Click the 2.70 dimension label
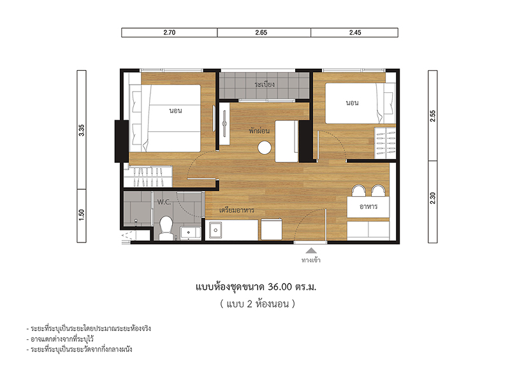[x=169, y=32]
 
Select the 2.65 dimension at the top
[x=261, y=32]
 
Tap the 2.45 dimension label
[x=355, y=32]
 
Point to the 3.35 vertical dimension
[x=82, y=130]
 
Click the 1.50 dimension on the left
[x=82, y=215]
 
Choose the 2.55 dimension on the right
[x=433, y=116]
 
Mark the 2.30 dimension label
[x=433, y=198]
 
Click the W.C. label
[x=164, y=202]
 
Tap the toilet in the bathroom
[x=166, y=228]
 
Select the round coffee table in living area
[x=265, y=148]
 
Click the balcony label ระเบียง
[x=265, y=84]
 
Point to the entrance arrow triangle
[x=311, y=250]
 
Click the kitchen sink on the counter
[x=215, y=230]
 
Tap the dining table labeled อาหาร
[x=368, y=207]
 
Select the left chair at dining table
[x=359, y=190]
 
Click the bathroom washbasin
[x=191, y=233]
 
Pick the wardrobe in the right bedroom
[x=385, y=143]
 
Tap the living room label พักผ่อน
[x=259, y=131]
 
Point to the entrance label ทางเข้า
[x=311, y=260]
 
